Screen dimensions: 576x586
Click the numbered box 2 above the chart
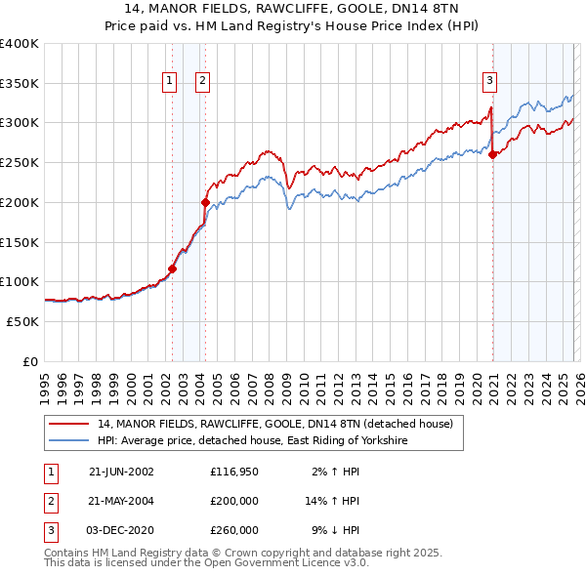click(x=203, y=81)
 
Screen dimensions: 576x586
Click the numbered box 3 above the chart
click(x=489, y=81)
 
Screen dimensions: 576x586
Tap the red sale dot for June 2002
click(x=172, y=268)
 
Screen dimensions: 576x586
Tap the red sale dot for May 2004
click(x=205, y=202)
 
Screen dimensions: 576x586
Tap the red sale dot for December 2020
click(x=493, y=154)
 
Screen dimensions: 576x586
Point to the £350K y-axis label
click(x=20, y=83)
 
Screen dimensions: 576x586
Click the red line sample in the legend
click(x=69, y=425)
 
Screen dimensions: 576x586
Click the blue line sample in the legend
click(x=69, y=441)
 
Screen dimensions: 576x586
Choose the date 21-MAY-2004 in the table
click(x=121, y=501)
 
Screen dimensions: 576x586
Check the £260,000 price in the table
click(x=235, y=530)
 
